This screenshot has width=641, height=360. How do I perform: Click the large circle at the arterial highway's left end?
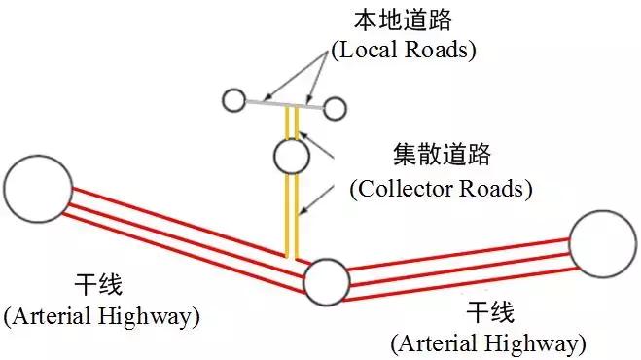(x=38, y=187)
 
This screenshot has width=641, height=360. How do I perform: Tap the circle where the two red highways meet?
(x=326, y=282)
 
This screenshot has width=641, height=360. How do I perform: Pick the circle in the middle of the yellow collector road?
(x=291, y=155)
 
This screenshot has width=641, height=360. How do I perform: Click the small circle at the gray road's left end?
(x=233, y=99)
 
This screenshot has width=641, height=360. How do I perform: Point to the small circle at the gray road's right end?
(x=335, y=108)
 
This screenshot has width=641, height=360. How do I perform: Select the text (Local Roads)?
(x=403, y=50)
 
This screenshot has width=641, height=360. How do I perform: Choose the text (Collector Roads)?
(x=441, y=188)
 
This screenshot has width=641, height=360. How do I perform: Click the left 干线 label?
(x=98, y=286)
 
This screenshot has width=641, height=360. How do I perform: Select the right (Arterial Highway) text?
(x=488, y=343)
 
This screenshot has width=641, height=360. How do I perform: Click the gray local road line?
(x=282, y=103)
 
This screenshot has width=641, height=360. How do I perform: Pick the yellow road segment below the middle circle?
(x=291, y=214)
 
